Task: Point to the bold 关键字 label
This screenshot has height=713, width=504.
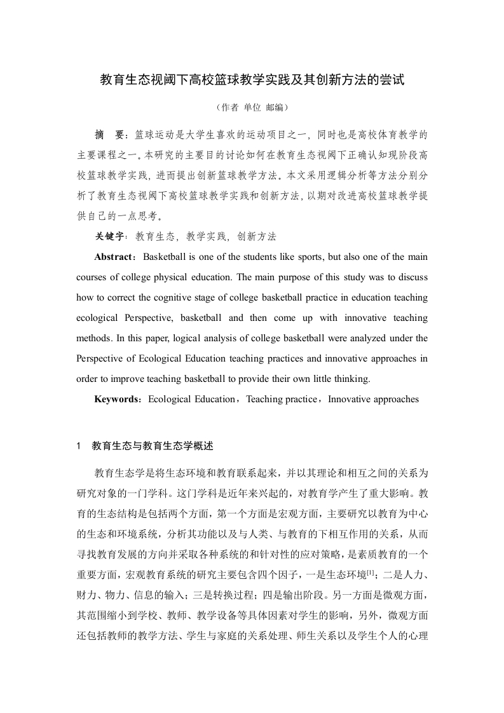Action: pos(108,236)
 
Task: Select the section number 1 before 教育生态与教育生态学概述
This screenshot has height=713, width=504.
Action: pos(79,445)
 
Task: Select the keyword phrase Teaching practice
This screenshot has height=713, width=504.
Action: pos(282,400)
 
